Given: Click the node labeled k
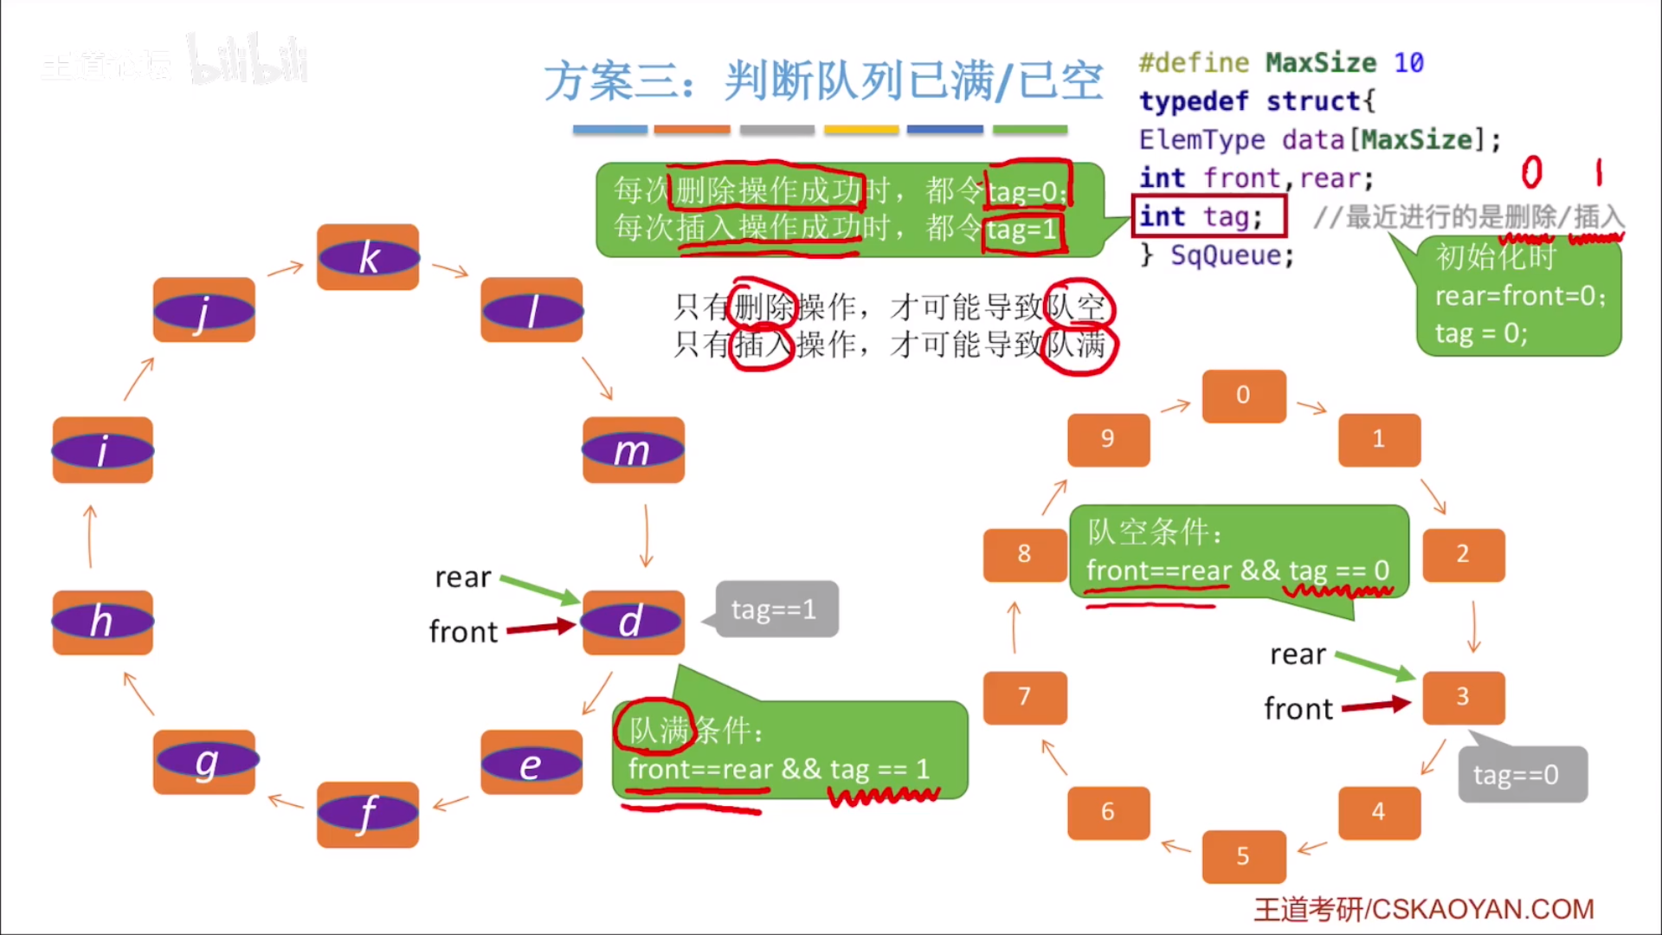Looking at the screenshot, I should [x=368, y=257].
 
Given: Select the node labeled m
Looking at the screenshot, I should [x=633, y=450].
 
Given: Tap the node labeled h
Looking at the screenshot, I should [x=102, y=622].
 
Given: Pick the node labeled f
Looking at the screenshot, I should [x=368, y=814].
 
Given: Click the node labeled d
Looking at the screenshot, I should [x=633, y=622].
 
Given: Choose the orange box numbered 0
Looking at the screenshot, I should [x=1243, y=396].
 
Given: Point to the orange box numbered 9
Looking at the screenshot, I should [x=1108, y=439].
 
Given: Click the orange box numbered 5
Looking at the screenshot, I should [x=1243, y=856].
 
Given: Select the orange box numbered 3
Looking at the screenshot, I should [x=1463, y=697].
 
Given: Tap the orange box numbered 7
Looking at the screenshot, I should [x=1024, y=697].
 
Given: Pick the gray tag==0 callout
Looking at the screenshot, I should [x=1522, y=775].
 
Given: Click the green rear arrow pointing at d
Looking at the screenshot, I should [x=539, y=589].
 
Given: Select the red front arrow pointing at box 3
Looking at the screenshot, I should [x=1376, y=706].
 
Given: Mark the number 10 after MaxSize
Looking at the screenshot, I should [x=1408, y=62].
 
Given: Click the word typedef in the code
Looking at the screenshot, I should [x=1194, y=101].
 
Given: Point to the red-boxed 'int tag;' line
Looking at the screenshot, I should [x=1208, y=216].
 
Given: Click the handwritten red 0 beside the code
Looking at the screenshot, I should [x=1531, y=172].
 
